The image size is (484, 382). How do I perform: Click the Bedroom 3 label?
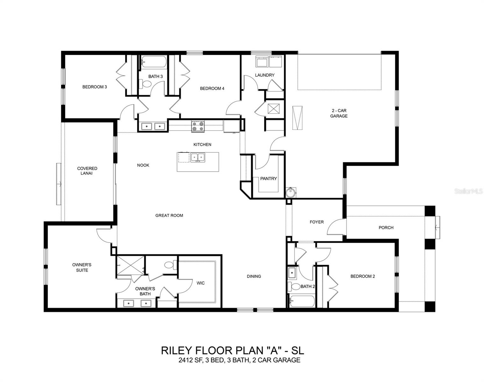[95, 87]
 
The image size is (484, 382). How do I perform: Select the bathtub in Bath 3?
[153, 61]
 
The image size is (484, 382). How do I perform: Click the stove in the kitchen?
[198, 126]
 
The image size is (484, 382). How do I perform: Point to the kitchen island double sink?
[198, 157]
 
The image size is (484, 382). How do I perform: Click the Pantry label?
[268, 179]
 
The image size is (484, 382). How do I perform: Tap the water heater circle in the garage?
[290, 193]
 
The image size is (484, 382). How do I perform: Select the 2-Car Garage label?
[338, 113]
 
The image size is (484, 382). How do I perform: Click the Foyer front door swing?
[335, 227]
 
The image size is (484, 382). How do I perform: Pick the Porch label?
[386, 228]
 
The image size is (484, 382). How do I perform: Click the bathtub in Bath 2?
[302, 301]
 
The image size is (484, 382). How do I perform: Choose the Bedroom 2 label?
[362, 276]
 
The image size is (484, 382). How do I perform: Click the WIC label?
[201, 283]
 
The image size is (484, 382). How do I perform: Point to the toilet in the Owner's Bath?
[169, 265]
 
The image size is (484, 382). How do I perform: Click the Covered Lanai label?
[87, 171]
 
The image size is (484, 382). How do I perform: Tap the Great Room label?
[169, 216]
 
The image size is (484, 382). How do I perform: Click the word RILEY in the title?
[175, 350]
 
